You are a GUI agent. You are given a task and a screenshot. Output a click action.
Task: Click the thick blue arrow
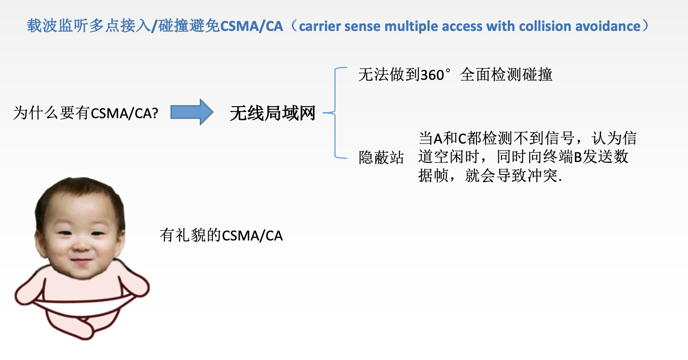(192, 112)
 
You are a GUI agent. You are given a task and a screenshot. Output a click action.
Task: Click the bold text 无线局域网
(272, 113)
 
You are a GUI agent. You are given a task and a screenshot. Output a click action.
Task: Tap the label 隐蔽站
(381, 157)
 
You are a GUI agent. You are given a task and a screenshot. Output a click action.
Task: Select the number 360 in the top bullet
(432, 75)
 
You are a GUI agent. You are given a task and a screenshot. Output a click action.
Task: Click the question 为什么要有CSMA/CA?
(86, 113)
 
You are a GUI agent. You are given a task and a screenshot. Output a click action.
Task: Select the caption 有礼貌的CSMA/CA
(221, 235)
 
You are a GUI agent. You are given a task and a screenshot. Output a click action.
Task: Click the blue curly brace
(335, 113)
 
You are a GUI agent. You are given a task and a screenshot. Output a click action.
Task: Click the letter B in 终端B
(578, 157)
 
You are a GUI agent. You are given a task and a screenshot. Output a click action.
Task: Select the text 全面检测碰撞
(506, 75)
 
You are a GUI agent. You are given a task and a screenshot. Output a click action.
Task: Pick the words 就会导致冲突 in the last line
(511, 176)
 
